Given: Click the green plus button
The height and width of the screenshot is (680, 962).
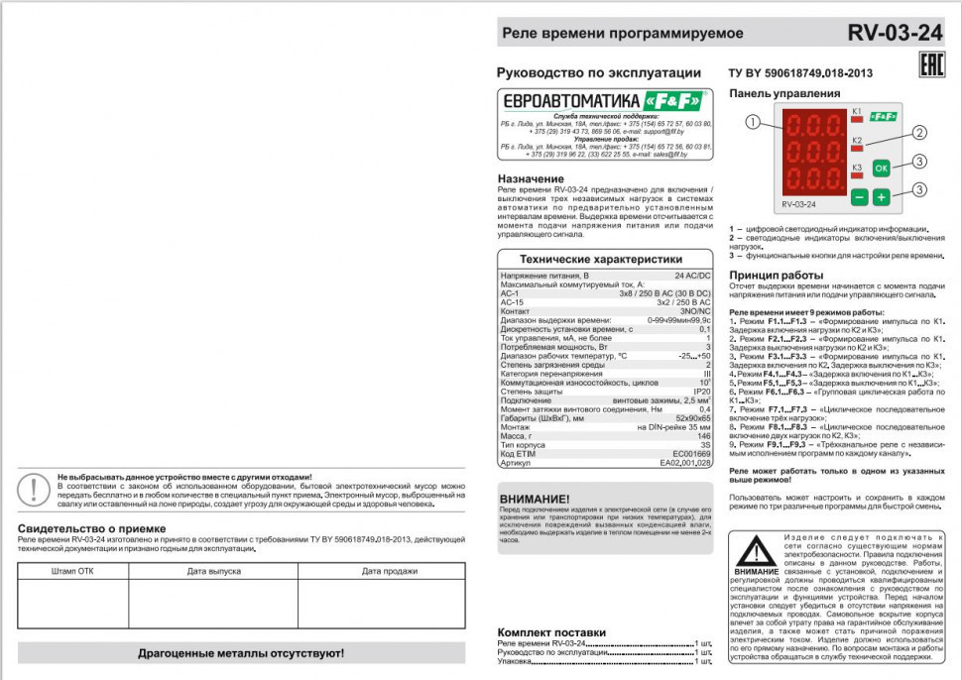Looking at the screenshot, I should coord(882,196).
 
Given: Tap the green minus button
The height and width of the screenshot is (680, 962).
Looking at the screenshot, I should coord(859,196).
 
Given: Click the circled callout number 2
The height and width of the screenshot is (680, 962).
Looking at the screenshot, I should coord(919,132).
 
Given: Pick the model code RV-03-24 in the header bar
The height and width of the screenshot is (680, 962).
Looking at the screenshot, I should coord(895,33).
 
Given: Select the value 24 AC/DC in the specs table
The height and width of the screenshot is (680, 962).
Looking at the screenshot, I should coord(693,275).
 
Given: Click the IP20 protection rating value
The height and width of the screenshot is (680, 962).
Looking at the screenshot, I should coord(701,391).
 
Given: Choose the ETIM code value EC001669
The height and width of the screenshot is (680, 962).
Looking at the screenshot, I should coord(691,453).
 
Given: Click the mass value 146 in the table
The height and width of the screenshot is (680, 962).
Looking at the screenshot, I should coord(704,435).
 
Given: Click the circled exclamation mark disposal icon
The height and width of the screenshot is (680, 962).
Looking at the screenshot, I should coord(35,489).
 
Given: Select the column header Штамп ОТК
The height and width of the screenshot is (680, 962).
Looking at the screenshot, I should coord(72,571).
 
